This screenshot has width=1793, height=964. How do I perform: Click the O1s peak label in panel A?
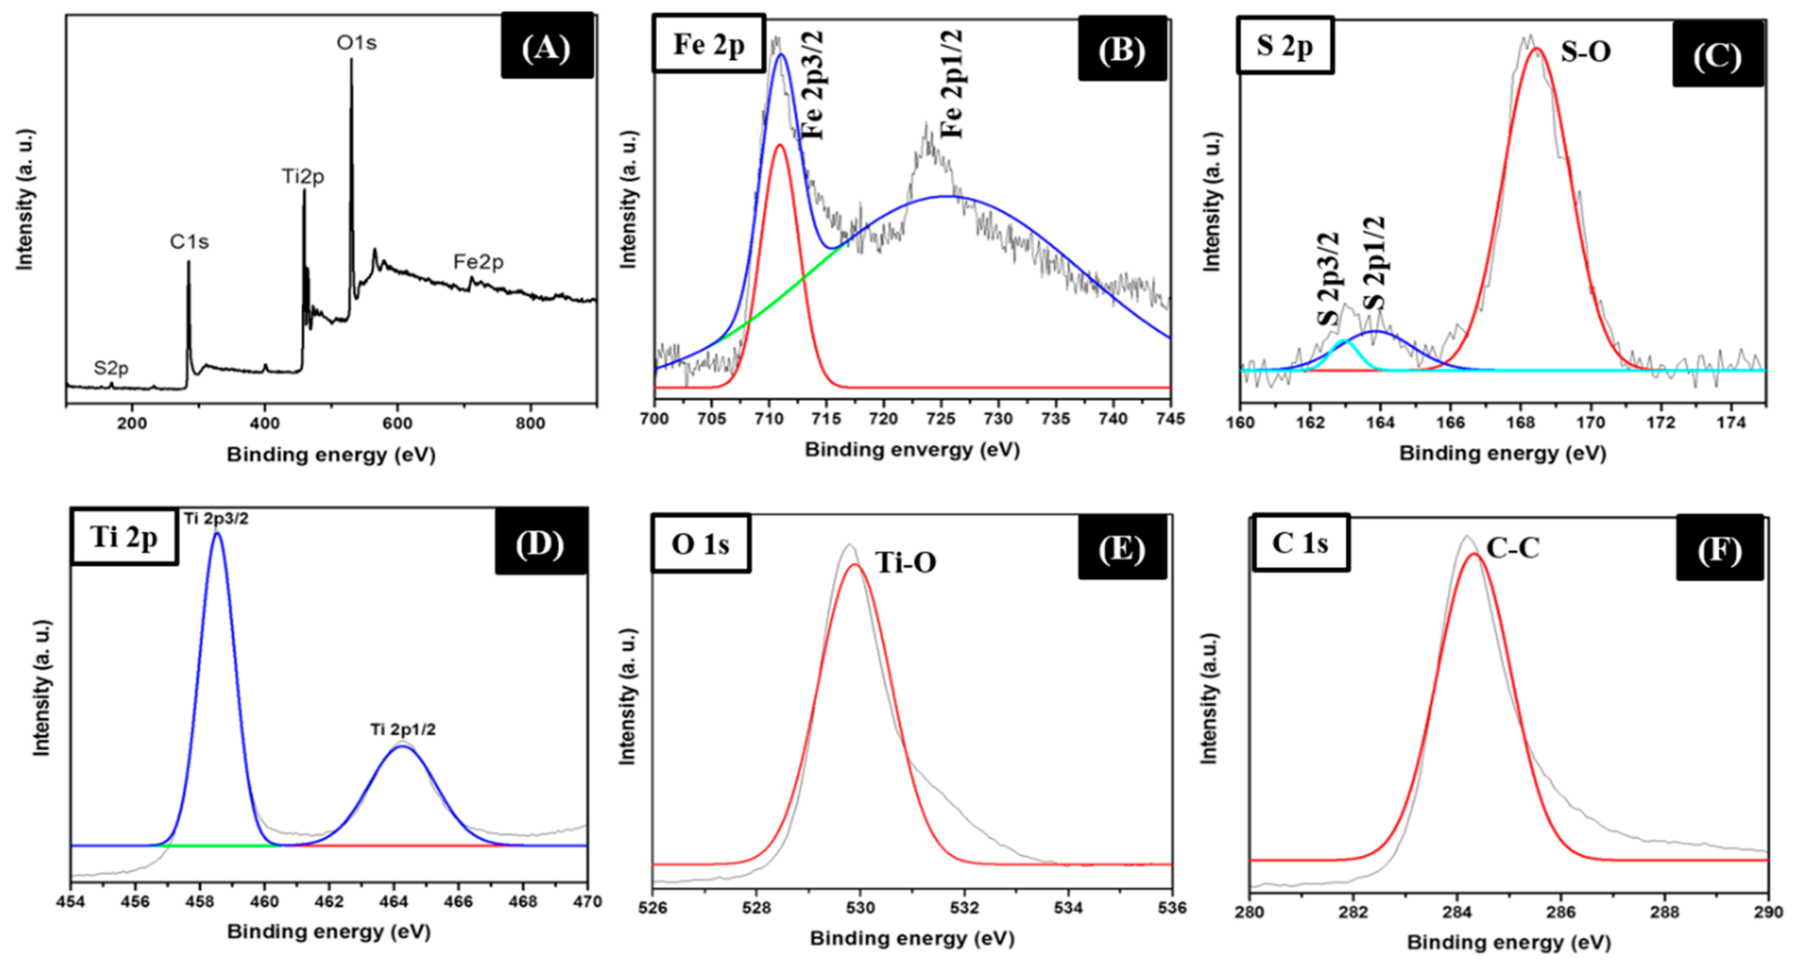click(x=356, y=43)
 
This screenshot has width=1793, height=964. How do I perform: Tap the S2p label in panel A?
click(x=111, y=368)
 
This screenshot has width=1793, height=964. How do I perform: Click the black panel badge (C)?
click(x=1717, y=54)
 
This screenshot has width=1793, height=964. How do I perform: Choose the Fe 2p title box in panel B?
click(x=709, y=44)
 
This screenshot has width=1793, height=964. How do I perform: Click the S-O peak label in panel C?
click(x=1586, y=52)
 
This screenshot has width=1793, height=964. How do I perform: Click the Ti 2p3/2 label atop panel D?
click(x=216, y=519)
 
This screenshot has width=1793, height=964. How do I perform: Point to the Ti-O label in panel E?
click(x=905, y=563)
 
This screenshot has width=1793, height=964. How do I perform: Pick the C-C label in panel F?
click(x=1512, y=549)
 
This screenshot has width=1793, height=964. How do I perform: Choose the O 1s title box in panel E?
click(x=700, y=544)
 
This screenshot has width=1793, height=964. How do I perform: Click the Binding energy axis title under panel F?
click(x=1509, y=943)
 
